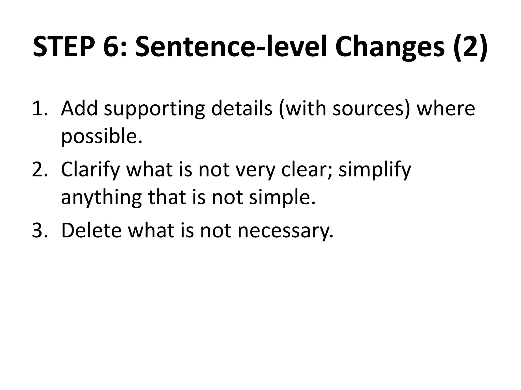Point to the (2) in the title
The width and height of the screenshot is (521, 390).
coord(471,47)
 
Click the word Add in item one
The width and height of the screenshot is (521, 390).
coord(79,108)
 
